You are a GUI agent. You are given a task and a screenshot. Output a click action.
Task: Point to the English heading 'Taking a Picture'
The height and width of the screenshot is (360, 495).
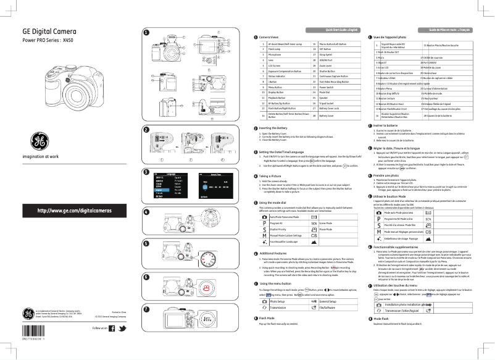pos(273,176)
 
